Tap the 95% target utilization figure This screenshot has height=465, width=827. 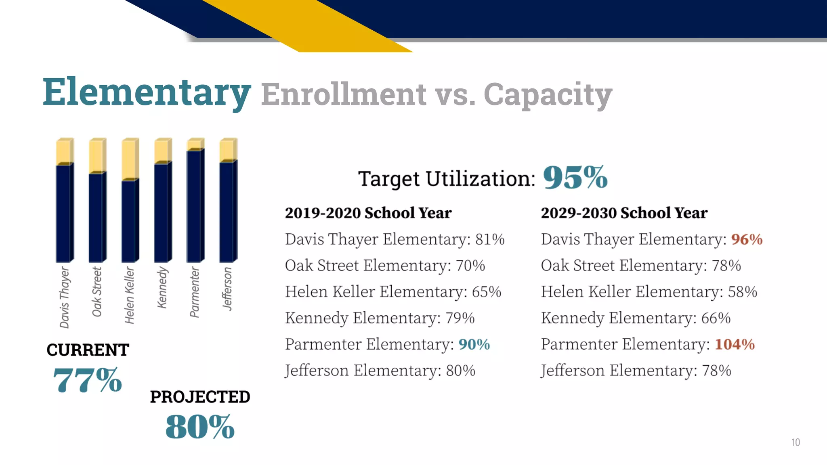pos(575,178)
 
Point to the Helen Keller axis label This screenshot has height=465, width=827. pos(129,295)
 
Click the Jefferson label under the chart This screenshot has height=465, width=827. pos(227,289)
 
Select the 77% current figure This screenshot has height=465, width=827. pos(87,380)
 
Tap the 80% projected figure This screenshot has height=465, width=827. pos(200,427)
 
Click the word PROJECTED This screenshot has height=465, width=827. pos(200,397)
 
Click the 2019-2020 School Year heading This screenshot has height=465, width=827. pos(368,213)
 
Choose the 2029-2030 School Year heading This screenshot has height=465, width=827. pos(624,213)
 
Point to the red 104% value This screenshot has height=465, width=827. pos(735,344)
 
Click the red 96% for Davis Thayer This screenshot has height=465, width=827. pos(747,239)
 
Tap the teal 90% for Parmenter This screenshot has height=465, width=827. pos(474,344)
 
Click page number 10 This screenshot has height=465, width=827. pos(796,442)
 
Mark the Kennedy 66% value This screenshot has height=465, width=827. pos(716,318)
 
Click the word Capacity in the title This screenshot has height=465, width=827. pos(548,94)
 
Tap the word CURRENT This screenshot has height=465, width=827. pos(88,350)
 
